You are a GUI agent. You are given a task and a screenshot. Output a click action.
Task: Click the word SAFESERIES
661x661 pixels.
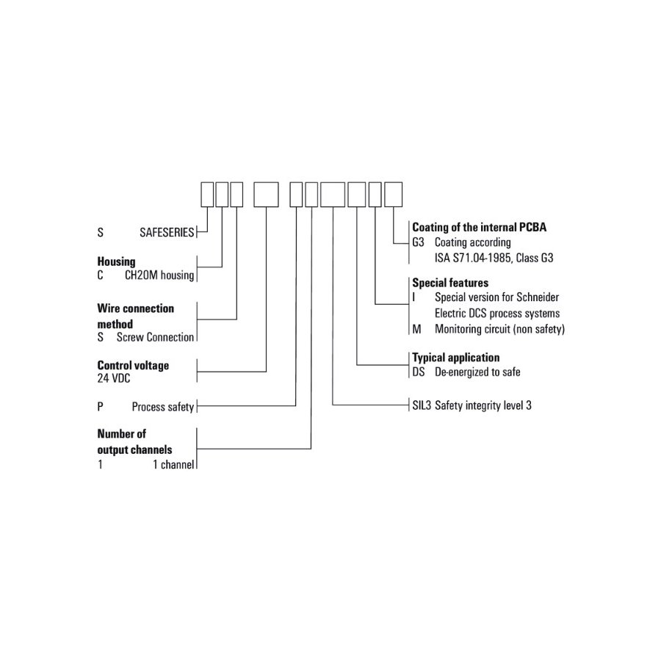click(x=167, y=232)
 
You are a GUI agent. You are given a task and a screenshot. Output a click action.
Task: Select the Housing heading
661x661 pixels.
click(x=116, y=261)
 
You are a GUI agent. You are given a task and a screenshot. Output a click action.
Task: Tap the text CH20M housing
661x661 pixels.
click(x=159, y=275)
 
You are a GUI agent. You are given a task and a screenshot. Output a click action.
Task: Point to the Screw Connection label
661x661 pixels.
click(x=155, y=337)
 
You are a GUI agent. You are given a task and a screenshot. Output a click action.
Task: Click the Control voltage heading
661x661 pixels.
click(x=133, y=365)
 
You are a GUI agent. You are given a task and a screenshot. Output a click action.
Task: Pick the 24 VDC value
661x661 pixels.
click(x=114, y=378)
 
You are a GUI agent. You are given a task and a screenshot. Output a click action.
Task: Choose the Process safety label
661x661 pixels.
click(x=163, y=407)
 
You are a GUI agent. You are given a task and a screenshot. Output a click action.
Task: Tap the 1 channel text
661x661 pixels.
click(x=173, y=465)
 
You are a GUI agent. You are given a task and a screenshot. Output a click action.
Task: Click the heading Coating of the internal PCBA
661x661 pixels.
click(x=480, y=227)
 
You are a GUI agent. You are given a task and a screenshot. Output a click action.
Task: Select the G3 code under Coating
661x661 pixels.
click(x=418, y=242)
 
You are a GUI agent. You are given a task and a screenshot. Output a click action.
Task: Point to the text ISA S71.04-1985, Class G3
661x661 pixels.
click(x=494, y=258)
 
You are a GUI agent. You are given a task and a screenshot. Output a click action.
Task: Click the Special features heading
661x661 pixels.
click(x=450, y=283)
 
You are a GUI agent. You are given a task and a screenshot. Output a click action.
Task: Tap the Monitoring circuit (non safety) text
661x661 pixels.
click(x=500, y=329)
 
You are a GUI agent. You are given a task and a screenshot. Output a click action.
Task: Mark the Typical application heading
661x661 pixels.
click(x=455, y=358)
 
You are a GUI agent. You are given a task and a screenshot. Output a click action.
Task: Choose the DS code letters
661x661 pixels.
click(x=419, y=372)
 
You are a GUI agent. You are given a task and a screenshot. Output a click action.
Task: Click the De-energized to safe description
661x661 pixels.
click(x=477, y=372)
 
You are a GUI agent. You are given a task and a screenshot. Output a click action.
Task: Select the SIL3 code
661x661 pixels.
click(x=422, y=405)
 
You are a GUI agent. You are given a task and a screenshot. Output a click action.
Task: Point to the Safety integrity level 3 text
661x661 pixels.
click(x=483, y=405)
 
